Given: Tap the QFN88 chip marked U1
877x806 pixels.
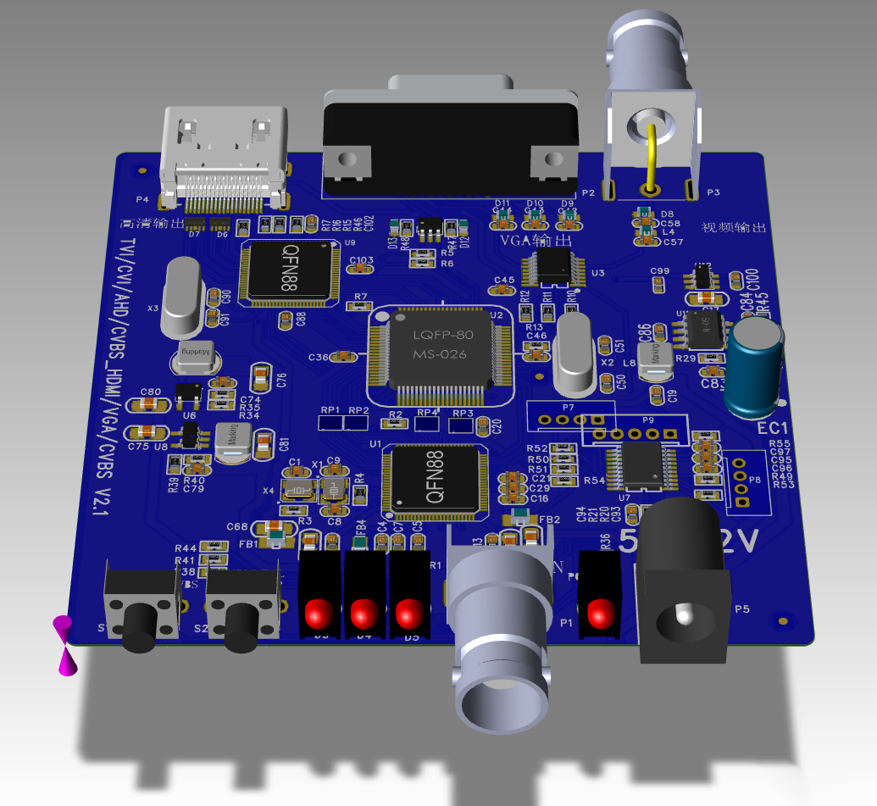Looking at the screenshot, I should pos(434,480).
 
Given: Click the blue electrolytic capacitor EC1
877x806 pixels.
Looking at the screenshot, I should pos(758,366).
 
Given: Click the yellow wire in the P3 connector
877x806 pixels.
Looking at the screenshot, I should pos(652,157).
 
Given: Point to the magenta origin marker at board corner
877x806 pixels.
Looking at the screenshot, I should pos(64,646).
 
